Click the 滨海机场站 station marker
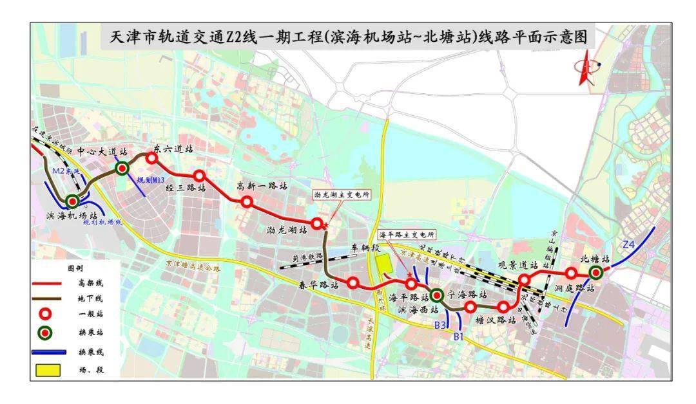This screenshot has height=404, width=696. pyautogui.click(x=72, y=201)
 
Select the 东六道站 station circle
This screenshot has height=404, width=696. pyautogui.click(x=152, y=158)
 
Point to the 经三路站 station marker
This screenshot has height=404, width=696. pyautogui.click(x=199, y=176)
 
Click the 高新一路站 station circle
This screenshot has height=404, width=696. pyautogui.click(x=246, y=201)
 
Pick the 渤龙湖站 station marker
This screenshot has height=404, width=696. pyautogui.click(x=316, y=223)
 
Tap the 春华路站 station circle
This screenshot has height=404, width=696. pyautogui.click(x=353, y=282)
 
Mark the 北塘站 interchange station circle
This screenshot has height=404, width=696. pyautogui.click(x=595, y=273)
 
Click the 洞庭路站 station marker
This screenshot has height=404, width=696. pyautogui.click(x=571, y=273)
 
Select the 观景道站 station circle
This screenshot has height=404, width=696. pyautogui.click(x=525, y=279)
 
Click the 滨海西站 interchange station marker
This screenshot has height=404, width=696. pyautogui.click(x=436, y=295)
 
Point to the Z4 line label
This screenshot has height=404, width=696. pyautogui.click(x=629, y=244)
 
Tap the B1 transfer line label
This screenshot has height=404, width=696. pyautogui.click(x=459, y=335)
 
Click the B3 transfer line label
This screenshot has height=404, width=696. pyautogui.click(x=440, y=326)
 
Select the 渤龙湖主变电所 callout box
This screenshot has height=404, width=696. pyautogui.click(x=342, y=196)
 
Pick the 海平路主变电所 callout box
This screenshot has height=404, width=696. pyautogui.click(x=407, y=235)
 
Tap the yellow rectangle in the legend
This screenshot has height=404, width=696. pyautogui.click(x=48, y=370)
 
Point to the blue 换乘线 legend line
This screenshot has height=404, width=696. pyautogui.click(x=48, y=352)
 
